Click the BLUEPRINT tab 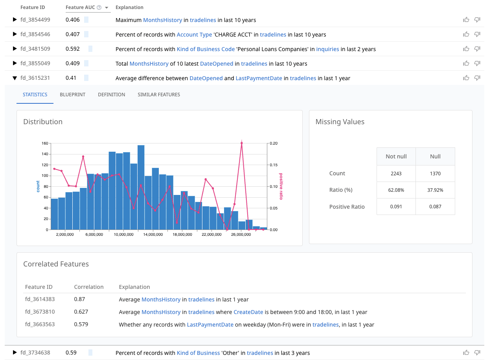coord(72,94)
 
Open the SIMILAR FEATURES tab coord(159,94)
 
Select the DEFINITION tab coord(111,94)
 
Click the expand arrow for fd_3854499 coord(15,20)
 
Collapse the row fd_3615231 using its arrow coord(15,78)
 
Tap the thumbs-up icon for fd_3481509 coord(466,49)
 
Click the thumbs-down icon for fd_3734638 coord(477,353)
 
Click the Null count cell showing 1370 coord(435,173)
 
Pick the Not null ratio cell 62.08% coord(396,190)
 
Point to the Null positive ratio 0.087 coord(435,207)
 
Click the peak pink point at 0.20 coord(241,143)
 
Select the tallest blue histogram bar coord(141,187)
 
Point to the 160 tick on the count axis coord(44,143)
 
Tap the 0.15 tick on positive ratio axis coord(273,165)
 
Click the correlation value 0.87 coord(79,299)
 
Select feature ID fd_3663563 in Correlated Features coord(40,324)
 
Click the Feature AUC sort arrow coord(107,7)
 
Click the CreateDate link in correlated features coord(248,312)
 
